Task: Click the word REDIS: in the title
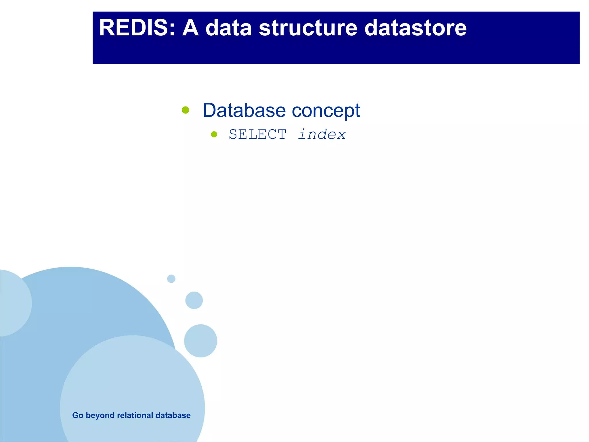(x=137, y=28)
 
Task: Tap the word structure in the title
(x=308, y=28)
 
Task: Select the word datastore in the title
(x=415, y=28)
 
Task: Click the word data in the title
(x=229, y=28)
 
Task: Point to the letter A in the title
(x=190, y=28)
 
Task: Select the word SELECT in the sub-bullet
(x=257, y=134)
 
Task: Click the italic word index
(x=322, y=134)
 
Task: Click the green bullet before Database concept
(x=186, y=110)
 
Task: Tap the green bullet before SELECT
(x=214, y=134)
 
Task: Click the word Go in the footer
(x=78, y=415)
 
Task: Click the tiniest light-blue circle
(x=171, y=279)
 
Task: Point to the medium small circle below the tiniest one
(x=194, y=300)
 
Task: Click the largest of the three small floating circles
(x=200, y=341)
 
